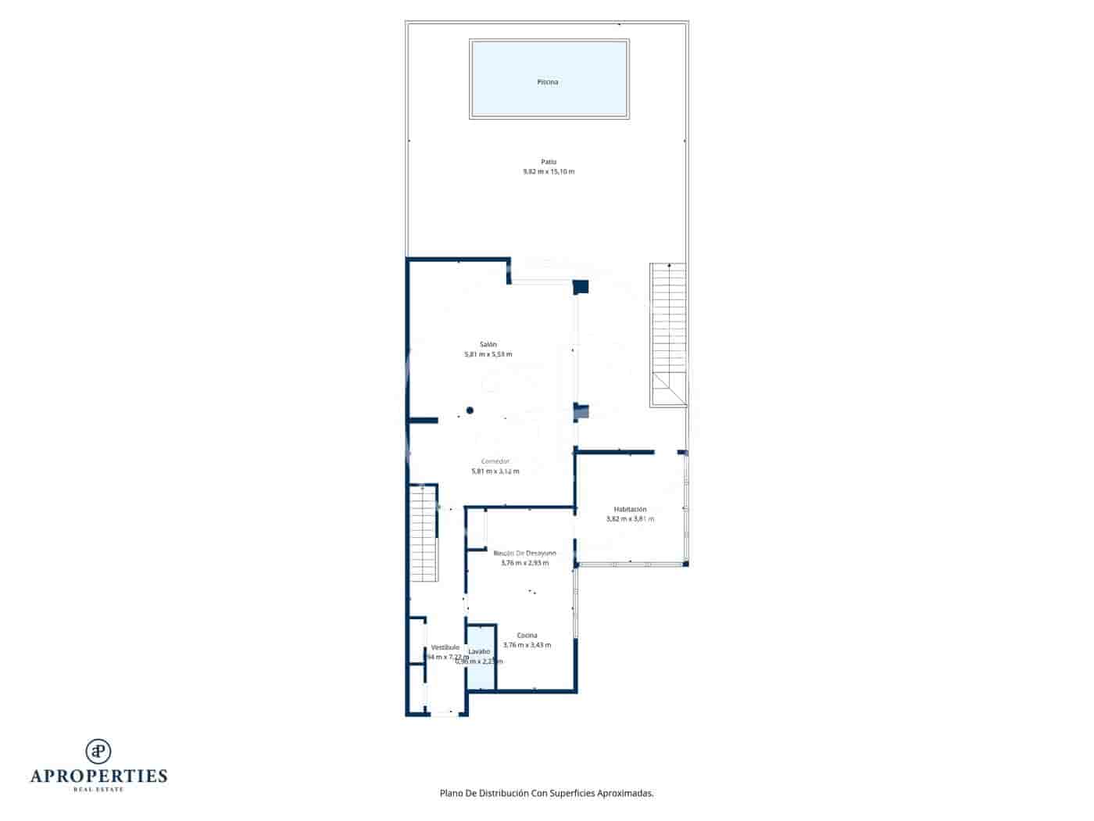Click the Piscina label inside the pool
click(548, 82)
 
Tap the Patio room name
click(549, 162)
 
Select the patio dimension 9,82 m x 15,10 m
click(549, 172)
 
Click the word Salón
click(488, 344)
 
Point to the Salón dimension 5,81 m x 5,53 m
click(488, 354)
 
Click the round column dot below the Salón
click(470, 410)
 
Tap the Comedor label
click(495, 461)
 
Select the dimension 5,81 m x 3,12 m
click(495, 471)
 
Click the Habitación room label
click(630, 509)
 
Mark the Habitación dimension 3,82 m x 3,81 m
click(630, 519)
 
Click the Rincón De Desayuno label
click(524, 553)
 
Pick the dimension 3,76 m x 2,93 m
click(524, 563)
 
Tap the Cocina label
click(527, 635)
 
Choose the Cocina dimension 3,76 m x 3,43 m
click(527, 645)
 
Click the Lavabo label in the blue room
click(479, 651)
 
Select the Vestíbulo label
click(445, 647)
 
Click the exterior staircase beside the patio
click(668, 335)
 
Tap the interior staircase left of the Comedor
click(423, 533)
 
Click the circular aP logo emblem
click(98, 751)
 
